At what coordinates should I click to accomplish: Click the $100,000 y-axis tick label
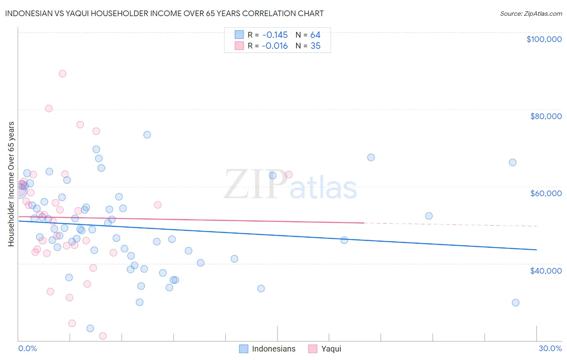544,39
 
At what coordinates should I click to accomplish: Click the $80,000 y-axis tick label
546,116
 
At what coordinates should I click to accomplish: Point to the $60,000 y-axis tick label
546,193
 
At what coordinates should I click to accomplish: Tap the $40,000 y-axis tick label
546,271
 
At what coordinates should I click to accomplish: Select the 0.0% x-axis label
27,349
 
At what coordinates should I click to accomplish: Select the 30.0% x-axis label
550,349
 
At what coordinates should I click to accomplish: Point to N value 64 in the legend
315,35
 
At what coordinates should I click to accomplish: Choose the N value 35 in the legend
315,46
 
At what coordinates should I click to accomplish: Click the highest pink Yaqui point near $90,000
62,74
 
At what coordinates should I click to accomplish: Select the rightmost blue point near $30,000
515,303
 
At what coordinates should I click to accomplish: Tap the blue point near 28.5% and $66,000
513,163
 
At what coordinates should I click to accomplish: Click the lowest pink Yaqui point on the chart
102,336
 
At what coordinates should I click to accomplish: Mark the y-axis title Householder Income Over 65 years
11,184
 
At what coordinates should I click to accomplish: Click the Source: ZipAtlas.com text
531,14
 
